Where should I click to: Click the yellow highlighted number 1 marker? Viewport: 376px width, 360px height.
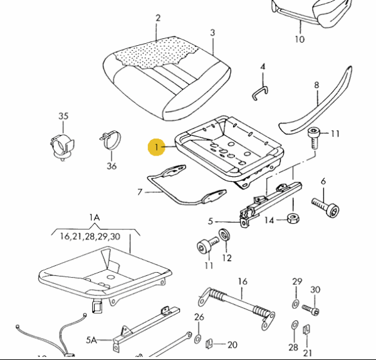point(154,148)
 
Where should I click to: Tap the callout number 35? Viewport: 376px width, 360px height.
point(63,116)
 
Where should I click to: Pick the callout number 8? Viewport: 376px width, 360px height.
point(316,85)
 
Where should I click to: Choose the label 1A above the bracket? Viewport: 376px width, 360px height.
point(94,218)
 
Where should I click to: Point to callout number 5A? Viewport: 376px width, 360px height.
point(92,341)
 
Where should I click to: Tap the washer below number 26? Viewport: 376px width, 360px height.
point(198,339)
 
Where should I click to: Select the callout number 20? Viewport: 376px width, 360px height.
point(232,344)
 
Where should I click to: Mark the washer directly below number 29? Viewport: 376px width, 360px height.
point(295,304)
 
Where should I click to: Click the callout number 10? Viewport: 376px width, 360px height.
point(300,39)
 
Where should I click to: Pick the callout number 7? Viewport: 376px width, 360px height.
point(140,191)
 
